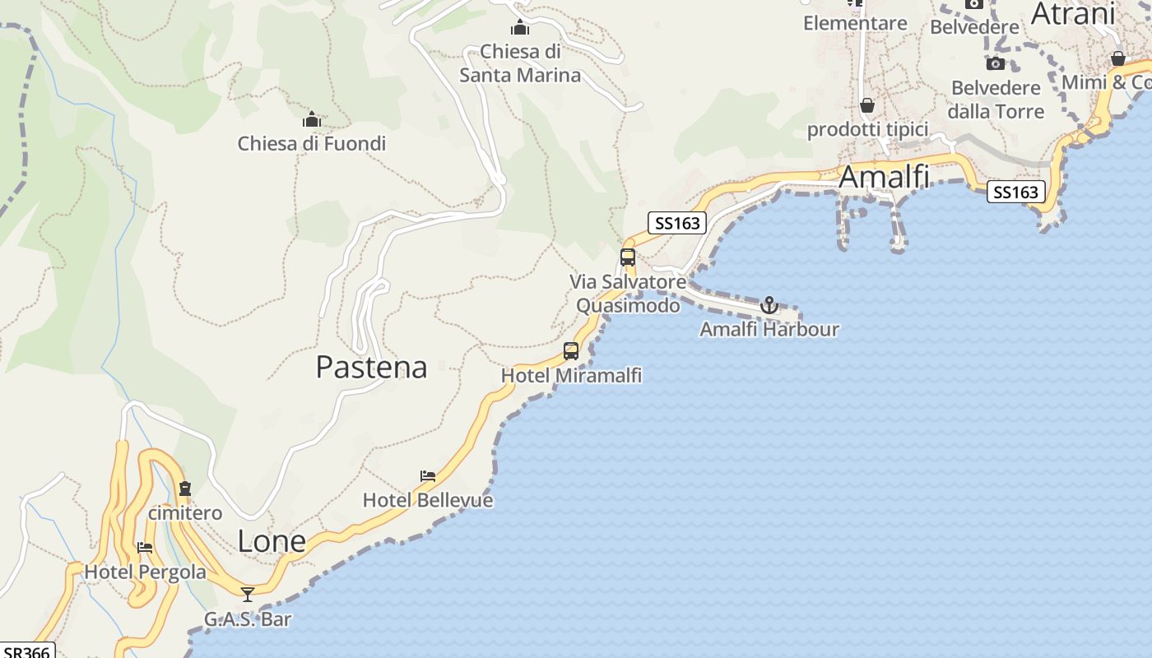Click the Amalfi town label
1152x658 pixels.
[884, 177]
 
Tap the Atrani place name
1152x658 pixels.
[1072, 14]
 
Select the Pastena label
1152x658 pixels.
[371, 367]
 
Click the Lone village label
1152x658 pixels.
[272, 541]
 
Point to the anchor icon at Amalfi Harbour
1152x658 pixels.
[769, 306]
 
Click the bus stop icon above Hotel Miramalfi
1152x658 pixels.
[571, 351]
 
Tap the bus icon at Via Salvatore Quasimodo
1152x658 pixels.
[628, 257]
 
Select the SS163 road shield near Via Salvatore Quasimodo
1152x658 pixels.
[677, 223]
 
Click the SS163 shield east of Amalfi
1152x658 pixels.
[1015, 192]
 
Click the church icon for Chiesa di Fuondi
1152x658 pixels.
[311, 120]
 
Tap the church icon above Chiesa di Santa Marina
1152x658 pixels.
[519, 27]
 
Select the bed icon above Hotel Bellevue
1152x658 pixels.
[427, 476]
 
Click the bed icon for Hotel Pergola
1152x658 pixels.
[145, 547]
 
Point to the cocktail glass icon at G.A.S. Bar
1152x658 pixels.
[248, 595]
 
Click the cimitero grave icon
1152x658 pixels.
[185, 489]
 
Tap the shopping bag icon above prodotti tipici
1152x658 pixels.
[866, 105]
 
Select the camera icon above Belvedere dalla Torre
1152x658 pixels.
[995, 63]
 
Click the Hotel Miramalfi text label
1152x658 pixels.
[571, 376]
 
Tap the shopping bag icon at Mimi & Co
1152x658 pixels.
[1117, 59]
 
